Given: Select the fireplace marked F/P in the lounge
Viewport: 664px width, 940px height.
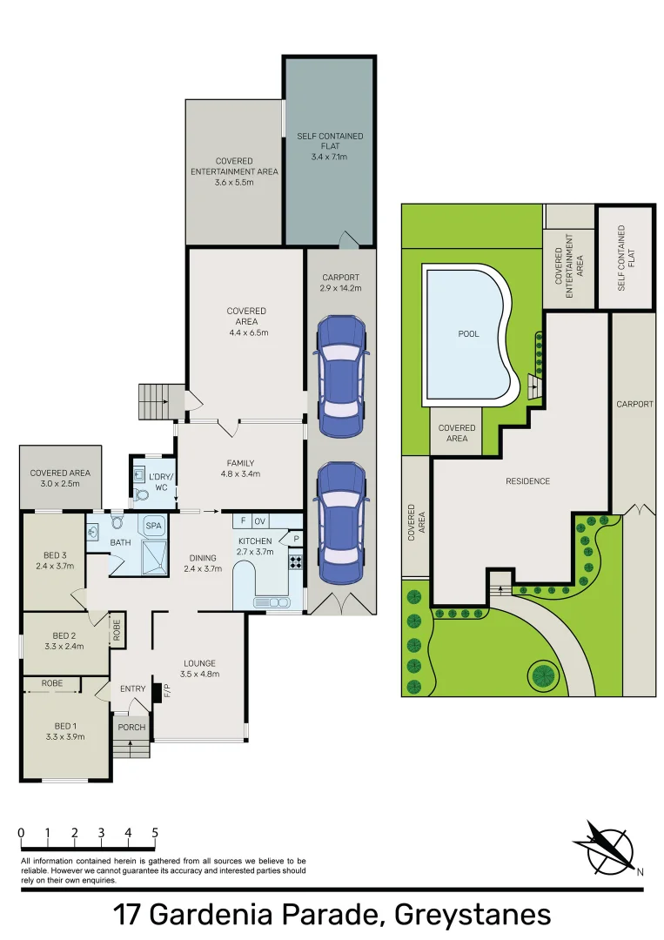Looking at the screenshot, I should point(158,692).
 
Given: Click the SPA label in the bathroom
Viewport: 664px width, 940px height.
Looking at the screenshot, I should point(153,526).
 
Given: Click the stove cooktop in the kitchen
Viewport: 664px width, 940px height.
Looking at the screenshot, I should point(295,561).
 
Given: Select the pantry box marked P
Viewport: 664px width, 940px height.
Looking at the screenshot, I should point(295,540).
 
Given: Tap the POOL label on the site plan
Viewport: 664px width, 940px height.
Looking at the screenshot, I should point(468,334).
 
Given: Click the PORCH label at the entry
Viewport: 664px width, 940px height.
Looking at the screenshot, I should point(131,728).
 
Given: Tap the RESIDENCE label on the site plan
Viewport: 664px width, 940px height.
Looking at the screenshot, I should point(528,481).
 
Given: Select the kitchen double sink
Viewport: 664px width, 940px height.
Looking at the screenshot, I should point(271,602).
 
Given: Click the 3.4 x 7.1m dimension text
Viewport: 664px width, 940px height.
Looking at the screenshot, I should point(329,158).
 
